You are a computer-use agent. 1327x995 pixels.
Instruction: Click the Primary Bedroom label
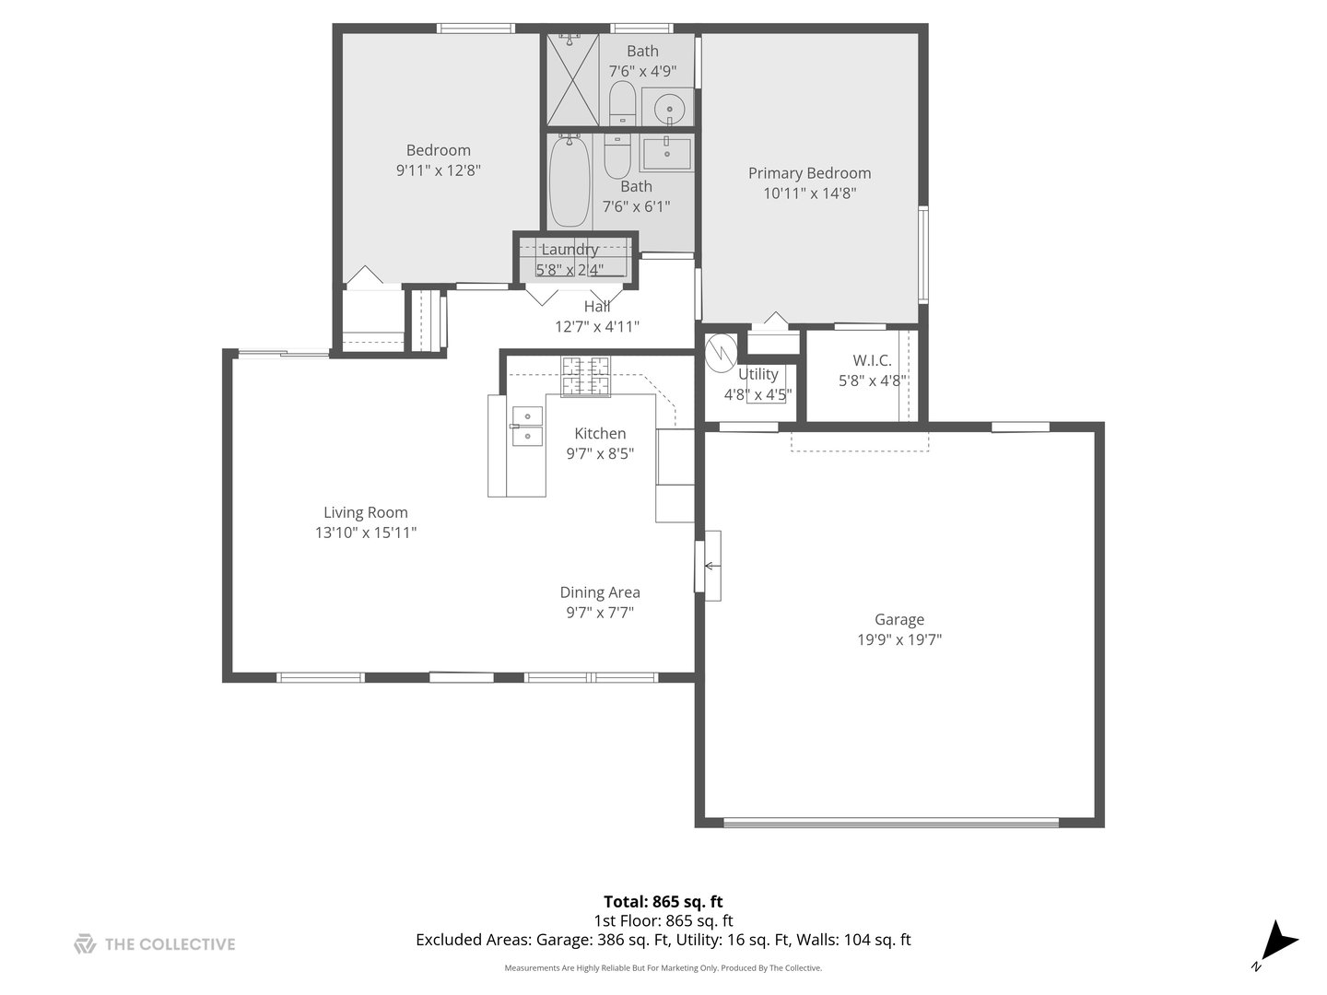click(809, 173)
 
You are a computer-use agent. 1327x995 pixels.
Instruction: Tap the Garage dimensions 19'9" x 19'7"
click(898, 639)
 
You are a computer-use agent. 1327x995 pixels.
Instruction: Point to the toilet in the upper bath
click(622, 101)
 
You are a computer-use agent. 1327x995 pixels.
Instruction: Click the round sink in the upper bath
click(668, 108)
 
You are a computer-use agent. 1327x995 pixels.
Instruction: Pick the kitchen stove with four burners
click(586, 377)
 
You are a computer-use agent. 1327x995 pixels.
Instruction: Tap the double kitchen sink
click(527, 426)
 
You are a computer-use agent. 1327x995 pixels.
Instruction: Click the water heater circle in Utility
click(721, 351)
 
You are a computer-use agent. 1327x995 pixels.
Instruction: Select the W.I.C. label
click(872, 360)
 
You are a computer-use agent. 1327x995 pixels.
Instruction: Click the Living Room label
click(365, 513)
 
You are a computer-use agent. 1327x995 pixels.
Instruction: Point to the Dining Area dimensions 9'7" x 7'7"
click(599, 613)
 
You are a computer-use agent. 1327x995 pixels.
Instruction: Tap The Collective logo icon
click(85, 943)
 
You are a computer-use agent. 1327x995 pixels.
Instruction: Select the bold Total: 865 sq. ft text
click(663, 901)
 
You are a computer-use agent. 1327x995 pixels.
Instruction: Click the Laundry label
click(570, 250)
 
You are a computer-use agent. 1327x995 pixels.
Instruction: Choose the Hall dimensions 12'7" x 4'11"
click(596, 326)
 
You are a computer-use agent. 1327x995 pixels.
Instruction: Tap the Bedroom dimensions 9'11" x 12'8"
click(439, 170)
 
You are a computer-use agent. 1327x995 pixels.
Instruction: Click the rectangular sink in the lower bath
click(667, 154)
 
